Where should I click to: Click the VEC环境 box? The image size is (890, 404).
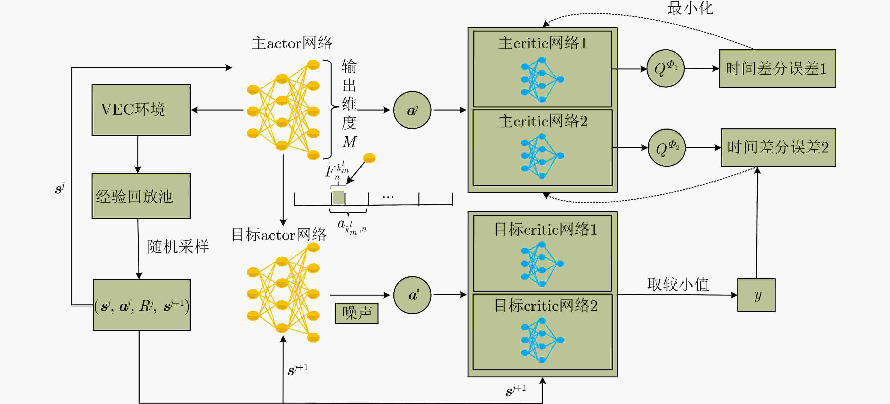click(x=141, y=110)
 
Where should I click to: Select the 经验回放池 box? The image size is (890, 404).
click(x=141, y=196)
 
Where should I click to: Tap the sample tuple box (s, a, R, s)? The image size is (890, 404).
click(x=142, y=305)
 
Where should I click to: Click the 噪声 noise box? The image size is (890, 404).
click(x=356, y=313)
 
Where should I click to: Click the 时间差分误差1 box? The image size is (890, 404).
click(x=777, y=68)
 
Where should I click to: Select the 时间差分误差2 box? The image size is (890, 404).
click(x=778, y=148)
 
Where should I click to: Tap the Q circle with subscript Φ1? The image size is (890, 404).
click(x=665, y=68)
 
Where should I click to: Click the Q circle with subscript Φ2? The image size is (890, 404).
click(x=667, y=148)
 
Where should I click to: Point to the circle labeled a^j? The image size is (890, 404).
click(x=412, y=110)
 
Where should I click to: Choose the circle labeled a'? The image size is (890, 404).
click(x=412, y=295)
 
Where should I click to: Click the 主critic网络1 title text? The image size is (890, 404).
click(x=542, y=43)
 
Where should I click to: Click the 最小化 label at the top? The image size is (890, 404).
click(x=690, y=8)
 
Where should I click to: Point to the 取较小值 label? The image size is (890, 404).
click(x=678, y=284)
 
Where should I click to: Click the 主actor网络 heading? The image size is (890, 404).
click(x=292, y=43)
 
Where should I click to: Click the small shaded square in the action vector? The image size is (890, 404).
click(x=338, y=197)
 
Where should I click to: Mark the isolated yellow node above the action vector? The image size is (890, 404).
click(x=369, y=158)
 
